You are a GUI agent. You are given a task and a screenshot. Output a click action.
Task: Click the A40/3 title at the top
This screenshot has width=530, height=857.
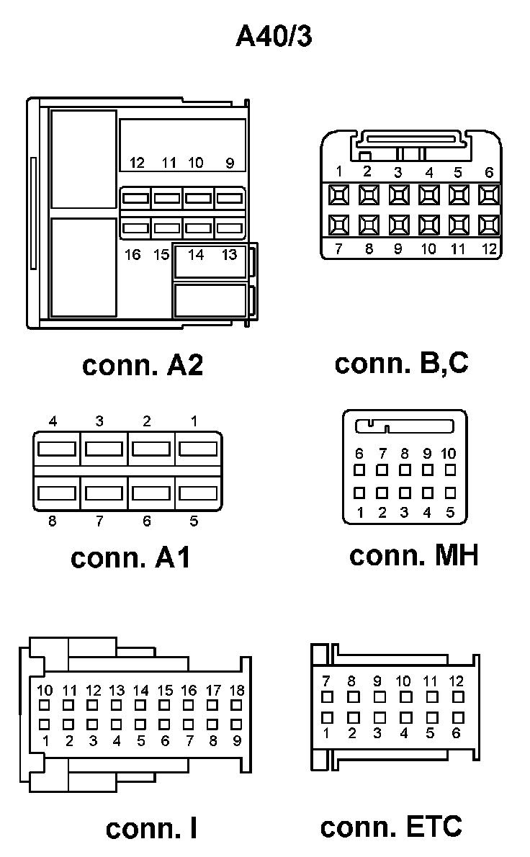[x=274, y=37]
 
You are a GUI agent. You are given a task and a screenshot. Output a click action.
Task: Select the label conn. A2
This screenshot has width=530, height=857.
[x=143, y=365]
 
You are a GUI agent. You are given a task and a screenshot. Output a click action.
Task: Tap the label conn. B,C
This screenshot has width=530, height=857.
[x=401, y=362]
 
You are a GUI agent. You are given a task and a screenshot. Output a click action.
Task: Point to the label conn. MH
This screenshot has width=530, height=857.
[x=413, y=555]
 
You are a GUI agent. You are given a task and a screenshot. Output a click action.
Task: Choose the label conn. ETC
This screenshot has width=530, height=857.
[x=391, y=827]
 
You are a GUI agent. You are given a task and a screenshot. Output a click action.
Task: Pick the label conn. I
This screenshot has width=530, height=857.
[x=151, y=828]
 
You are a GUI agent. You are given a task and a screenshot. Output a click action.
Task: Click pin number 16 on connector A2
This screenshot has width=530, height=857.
[x=132, y=254]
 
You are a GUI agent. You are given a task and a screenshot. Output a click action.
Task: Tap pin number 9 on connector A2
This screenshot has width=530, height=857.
[x=230, y=163]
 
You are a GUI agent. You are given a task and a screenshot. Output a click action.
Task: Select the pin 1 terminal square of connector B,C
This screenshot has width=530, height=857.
[x=338, y=194]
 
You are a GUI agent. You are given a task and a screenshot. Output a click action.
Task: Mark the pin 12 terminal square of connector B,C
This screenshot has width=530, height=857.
[x=489, y=225]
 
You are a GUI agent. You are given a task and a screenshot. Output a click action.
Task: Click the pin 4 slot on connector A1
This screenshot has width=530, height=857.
[x=57, y=449]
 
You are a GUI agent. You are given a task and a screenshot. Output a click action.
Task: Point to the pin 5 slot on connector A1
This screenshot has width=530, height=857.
[x=197, y=493]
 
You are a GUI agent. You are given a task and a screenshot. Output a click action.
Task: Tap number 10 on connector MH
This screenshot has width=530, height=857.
[x=448, y=454]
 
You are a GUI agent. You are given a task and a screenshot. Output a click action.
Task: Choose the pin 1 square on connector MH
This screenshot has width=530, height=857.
[x=360, y=493]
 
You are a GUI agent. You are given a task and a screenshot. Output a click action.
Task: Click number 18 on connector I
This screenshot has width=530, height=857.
[x=236, y=691]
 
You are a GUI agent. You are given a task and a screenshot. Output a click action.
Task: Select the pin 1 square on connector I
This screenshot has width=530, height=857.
[x=45, y=724]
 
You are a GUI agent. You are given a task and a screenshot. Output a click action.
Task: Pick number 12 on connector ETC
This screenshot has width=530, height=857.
[x=456, y=681]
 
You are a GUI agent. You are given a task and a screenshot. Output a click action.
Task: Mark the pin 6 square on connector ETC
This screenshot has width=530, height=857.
[x=456, y=717]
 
